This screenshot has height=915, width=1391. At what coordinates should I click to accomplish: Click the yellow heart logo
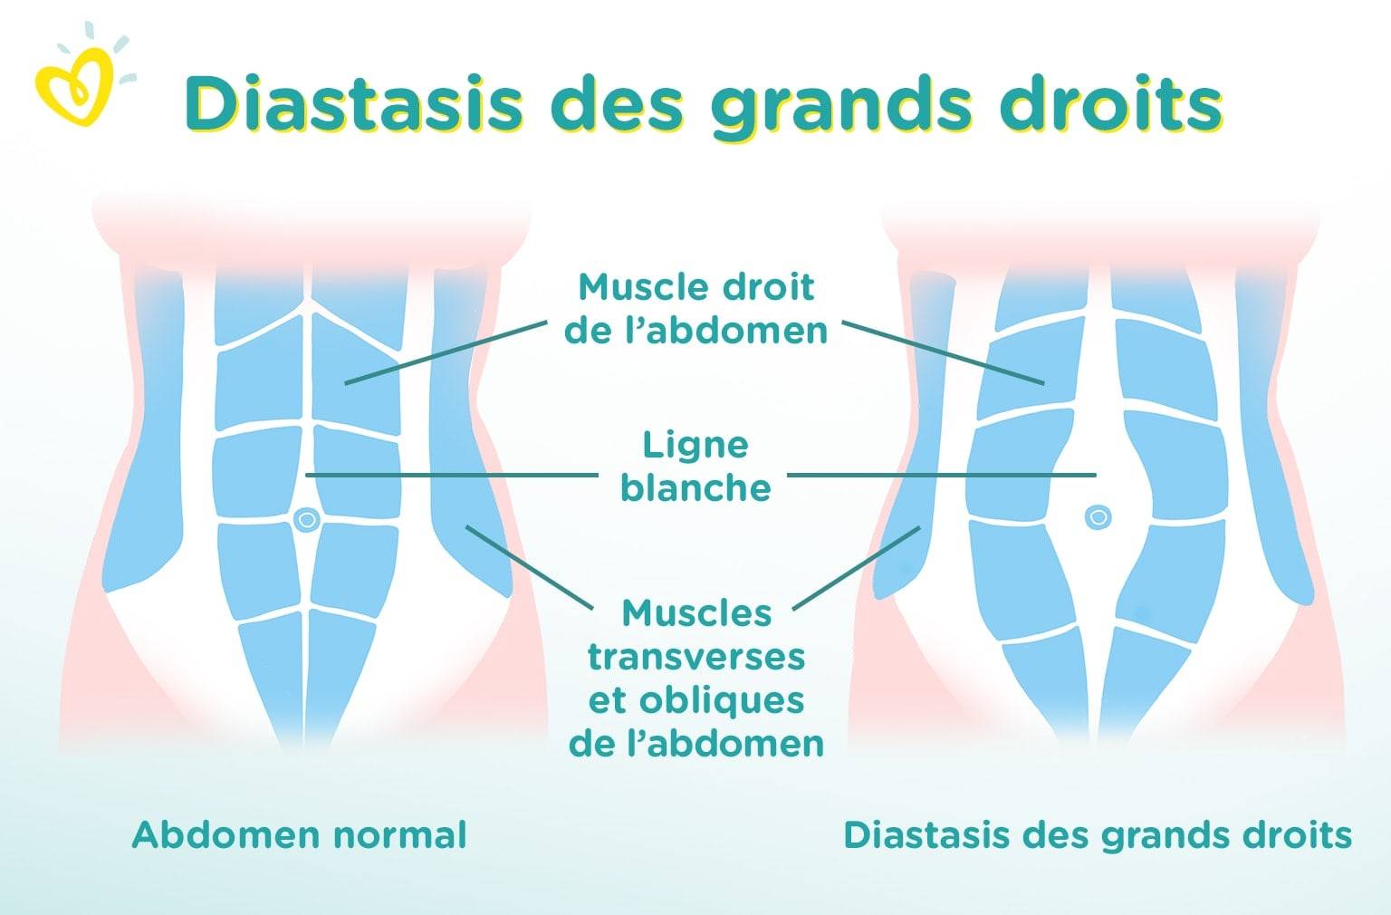pos(74,87)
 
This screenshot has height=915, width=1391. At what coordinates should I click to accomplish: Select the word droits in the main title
pos(1111,103)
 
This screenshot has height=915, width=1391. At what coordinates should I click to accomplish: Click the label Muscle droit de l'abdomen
pos(696,309)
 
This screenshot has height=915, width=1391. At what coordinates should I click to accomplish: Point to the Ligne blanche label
pos(696,466)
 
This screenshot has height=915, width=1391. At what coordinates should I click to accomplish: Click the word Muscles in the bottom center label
pos(696,613)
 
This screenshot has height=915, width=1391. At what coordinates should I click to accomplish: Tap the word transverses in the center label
pos(696,657)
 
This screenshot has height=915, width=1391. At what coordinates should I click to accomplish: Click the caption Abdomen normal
pos(300,835)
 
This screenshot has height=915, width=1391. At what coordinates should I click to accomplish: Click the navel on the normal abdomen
pos(307,519)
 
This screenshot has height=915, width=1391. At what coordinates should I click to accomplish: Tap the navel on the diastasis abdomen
pos(1098,516)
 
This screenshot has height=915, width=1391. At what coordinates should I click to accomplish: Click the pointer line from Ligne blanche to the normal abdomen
pos(452,476)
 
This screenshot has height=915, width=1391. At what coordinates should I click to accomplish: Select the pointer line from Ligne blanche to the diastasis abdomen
pos(942,476)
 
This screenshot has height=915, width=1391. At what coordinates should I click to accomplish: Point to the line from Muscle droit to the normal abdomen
pos(446,352)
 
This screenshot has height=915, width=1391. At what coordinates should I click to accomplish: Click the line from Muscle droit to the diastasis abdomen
pos(944,352)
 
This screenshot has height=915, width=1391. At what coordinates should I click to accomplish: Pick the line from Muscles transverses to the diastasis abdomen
pos(857,568)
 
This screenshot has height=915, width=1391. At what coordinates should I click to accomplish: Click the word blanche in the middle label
pos(696,487)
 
